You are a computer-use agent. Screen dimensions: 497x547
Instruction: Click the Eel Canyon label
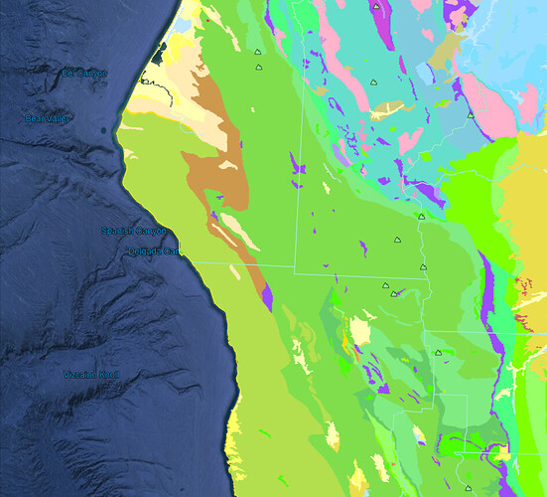(x=84, y=74)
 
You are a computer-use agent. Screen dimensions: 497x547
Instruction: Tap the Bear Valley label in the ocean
(x=48, y=118)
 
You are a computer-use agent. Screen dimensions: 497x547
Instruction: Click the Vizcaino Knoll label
(x=90, y=375)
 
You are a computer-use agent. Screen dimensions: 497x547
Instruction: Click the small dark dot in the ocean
(x=102, y=130)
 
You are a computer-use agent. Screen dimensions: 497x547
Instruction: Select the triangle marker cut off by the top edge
(x=376, y=5)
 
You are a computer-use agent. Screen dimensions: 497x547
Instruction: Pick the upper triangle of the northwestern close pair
(x=256, y=53)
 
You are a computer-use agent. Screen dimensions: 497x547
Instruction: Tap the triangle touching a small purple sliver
(x=394, y=293)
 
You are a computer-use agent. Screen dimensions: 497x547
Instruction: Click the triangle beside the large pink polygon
(x=471, y=115)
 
